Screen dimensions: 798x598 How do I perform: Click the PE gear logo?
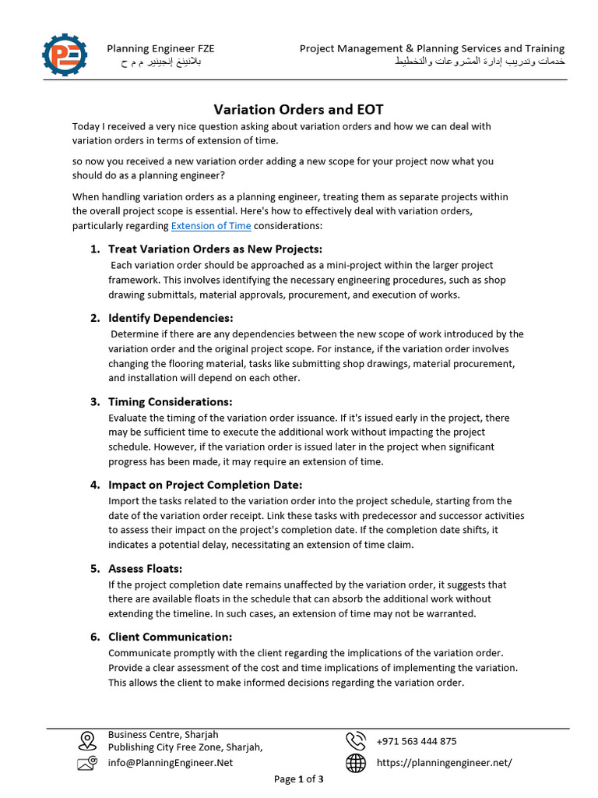click(x=65, y=54)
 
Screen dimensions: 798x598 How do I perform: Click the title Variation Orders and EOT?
click(x=299, y=109)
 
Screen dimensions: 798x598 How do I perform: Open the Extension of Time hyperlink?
click(x=211, y=226)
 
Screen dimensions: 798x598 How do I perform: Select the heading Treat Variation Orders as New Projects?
click(x=215, y=249)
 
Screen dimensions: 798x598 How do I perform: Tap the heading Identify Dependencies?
click(x=171, y=318)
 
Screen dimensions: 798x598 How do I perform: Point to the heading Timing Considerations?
click(x=171, y=401)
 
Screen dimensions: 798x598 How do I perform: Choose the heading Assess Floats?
click(x=146, y=568)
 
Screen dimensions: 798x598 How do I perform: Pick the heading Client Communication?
click(x=171, y=637)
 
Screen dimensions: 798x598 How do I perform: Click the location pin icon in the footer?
click(x=87, y=740)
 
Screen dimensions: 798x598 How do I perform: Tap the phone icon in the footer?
click(x=356, y=740)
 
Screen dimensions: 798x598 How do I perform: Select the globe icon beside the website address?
click(x=356, y=764)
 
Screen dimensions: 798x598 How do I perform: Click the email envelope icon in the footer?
click(x=87, y=764)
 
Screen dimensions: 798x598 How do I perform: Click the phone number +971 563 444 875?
click(x=417, y=741)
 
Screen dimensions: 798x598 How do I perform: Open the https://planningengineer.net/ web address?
click(x=444, y=763)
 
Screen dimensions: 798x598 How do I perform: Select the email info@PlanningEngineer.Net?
click(x=171, y=763)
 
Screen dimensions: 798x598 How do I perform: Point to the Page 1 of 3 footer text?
click(x=299, y=779)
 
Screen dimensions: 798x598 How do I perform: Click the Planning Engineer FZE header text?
click(x=160, y=48)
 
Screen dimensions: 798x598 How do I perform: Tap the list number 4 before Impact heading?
click(x=94, y=485)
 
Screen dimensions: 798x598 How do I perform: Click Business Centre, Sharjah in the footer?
click(x=163, y=734)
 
